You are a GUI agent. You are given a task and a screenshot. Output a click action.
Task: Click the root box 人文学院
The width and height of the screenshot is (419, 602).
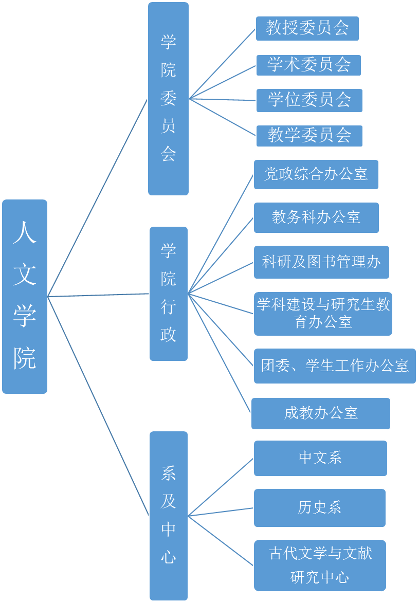[x=25, y=297]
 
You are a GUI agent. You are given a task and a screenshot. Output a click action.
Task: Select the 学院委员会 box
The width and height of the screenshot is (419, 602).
[x=168, y=99]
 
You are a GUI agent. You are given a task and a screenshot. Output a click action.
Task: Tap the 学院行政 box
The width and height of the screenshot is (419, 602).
[x=168, y=294]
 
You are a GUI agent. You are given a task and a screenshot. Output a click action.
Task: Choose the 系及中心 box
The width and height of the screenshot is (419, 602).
[x=168, y=516]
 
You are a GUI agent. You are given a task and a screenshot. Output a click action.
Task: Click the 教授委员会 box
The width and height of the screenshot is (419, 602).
[x=307, y=28]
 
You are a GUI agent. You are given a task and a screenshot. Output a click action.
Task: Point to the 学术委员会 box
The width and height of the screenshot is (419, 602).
[x=308, y=65]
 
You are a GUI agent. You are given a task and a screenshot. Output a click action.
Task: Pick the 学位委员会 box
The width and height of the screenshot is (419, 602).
[x=309, y=100]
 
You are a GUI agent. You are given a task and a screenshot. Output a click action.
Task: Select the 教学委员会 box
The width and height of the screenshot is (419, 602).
[x=309, y=136]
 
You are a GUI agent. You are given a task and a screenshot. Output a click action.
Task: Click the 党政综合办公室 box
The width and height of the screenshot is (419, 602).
[x=316, y=174]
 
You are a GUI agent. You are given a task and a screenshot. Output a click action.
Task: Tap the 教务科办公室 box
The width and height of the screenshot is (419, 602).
[x=316, y=217]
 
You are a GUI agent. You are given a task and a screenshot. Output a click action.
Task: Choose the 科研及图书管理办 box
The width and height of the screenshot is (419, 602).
[x=321, y=262]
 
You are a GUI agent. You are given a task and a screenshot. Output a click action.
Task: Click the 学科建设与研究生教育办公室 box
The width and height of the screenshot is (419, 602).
[x=323, y=314]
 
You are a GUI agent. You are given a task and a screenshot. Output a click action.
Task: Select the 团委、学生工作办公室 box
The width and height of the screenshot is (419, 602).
[x=334, y=366]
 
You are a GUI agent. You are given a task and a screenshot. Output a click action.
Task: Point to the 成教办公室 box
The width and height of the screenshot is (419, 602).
[x=320, y=413]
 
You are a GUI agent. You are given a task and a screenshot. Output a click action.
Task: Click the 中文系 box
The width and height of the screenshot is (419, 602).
[x=320, y=458]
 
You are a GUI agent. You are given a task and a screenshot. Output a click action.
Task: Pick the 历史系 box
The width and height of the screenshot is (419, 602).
[x=319, y=508]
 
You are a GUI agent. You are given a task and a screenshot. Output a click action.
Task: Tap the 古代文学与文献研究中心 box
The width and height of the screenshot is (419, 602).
[x=320, y=565]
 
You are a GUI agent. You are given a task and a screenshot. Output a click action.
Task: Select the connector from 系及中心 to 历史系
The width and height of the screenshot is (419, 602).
[x=221, y=512]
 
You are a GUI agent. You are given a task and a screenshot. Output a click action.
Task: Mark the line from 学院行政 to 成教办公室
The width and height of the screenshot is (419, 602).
[x=220, y=353]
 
